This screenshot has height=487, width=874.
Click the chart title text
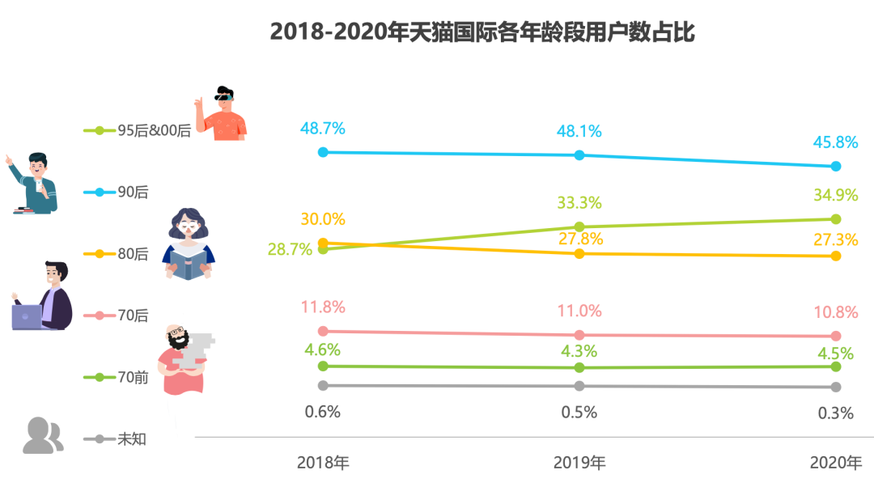482,32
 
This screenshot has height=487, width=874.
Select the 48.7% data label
323,128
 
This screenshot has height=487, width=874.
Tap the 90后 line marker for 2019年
579,155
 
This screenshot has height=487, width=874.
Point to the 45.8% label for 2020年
835,142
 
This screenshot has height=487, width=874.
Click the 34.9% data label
835,194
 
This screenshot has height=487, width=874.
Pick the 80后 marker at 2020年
836,256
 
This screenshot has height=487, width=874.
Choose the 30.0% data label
323,219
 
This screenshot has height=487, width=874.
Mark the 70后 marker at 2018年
323,331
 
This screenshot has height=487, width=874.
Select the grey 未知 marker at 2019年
579,387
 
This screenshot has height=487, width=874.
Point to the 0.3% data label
835,413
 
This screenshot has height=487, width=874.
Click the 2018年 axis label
323,464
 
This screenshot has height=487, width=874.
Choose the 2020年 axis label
835,464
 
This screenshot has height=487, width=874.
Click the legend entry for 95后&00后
154,130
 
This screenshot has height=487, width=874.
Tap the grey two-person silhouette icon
43,435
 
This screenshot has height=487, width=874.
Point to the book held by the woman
189,265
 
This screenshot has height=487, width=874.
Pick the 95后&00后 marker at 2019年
579,227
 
